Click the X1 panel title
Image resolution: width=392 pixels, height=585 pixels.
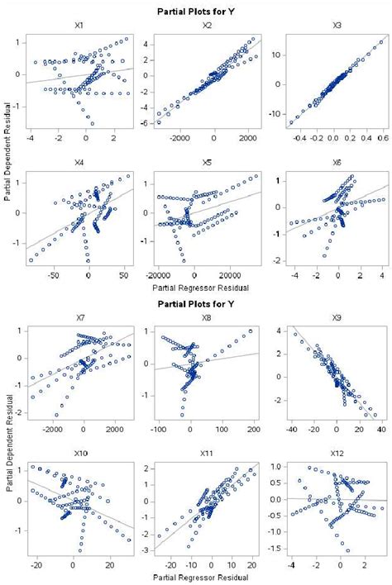77,26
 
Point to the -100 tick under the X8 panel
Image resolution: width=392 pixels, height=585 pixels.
160,432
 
